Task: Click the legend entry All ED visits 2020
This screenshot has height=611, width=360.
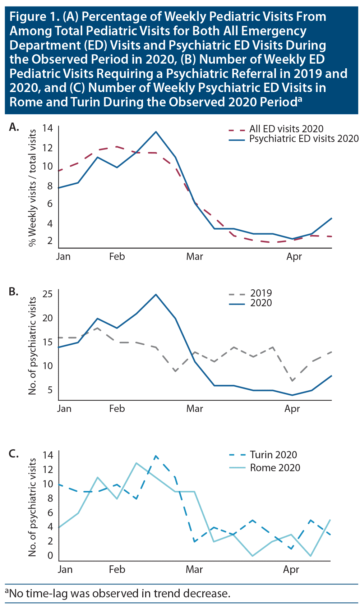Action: point(286,129)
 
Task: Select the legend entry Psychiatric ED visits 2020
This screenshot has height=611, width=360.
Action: point(304,139)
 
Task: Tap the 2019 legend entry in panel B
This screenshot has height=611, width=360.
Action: point(261,293)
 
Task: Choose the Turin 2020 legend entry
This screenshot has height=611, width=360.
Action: point(273,455)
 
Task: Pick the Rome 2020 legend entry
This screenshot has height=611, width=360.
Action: point(275,468)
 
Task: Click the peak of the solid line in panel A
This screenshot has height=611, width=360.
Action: point(156,132)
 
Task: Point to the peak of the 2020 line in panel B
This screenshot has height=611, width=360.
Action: point(156,294)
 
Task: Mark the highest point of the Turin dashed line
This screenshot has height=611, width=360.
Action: point(156,456)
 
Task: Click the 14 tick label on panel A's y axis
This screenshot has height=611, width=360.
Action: point(47,128)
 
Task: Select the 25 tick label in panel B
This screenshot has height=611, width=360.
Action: point(47,294)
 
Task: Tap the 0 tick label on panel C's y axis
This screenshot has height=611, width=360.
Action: point(50,555)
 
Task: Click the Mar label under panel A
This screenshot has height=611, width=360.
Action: point(194,257)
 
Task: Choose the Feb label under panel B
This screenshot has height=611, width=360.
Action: point(117,409)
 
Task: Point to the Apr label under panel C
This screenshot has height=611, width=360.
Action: point(291,570)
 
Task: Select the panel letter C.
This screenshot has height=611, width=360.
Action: point(14,454)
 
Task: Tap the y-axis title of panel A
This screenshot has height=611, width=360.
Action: point(32,188)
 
